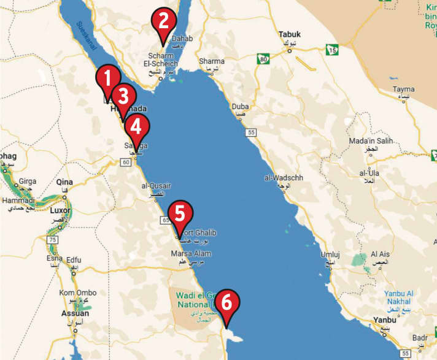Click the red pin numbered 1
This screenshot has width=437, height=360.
pyautogui.click(x=108, y=79)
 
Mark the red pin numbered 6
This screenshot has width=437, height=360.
pyautogui.click(x=227, y=304)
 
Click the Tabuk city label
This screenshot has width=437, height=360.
pyautogui.click(x=290, y=35)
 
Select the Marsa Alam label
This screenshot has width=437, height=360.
pyautogui.click(x=189, y=253)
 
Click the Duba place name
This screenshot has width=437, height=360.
pyautogui.click(x=240, y=107)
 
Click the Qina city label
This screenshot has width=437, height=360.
pyautogui.click(x=64, y=182)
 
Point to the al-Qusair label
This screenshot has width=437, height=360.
pyautogui.click(x=153, y=185)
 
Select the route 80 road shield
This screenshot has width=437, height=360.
pyautogui.click(x=263, y=59)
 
